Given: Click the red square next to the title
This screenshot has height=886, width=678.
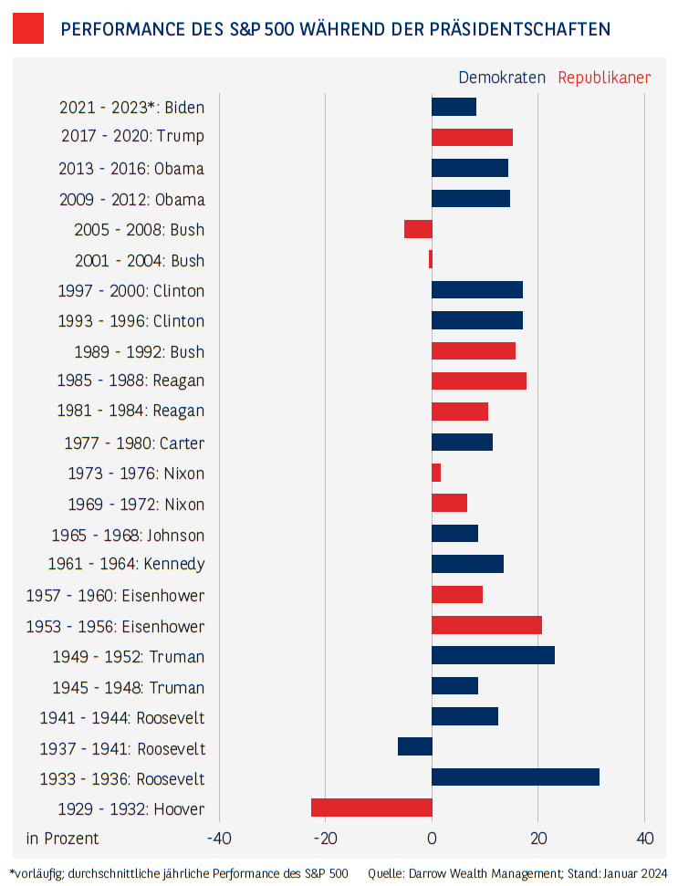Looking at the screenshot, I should (28, 28).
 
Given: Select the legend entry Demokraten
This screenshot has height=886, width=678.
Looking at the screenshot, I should (501, 78).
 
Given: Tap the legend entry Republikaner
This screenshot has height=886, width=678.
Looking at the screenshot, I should (604, 78).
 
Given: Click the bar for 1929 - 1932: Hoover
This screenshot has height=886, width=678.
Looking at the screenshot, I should (371, 808).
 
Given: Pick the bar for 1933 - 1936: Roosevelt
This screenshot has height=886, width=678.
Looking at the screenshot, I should (516, 777).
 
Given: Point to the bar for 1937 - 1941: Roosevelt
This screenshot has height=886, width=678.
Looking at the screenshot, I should (415, 746).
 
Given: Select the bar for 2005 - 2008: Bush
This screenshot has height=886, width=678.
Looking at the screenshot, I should (418, 229).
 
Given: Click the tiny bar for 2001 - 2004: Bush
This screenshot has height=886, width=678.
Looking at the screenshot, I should (430, 260).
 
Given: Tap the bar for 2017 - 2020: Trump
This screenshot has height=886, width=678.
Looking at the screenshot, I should (472, 137).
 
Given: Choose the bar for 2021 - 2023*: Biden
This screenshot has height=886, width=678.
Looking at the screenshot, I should (454, 107).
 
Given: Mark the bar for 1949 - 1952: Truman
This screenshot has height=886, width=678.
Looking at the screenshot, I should (493, 655).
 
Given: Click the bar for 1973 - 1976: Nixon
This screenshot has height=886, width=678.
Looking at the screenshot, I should (436, 473).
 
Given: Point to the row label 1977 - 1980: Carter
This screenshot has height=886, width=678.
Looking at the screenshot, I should (134, 443).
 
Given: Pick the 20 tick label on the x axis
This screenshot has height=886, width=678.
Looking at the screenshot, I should (538, 839).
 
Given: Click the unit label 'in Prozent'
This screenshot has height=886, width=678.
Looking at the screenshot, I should (62, 839).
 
